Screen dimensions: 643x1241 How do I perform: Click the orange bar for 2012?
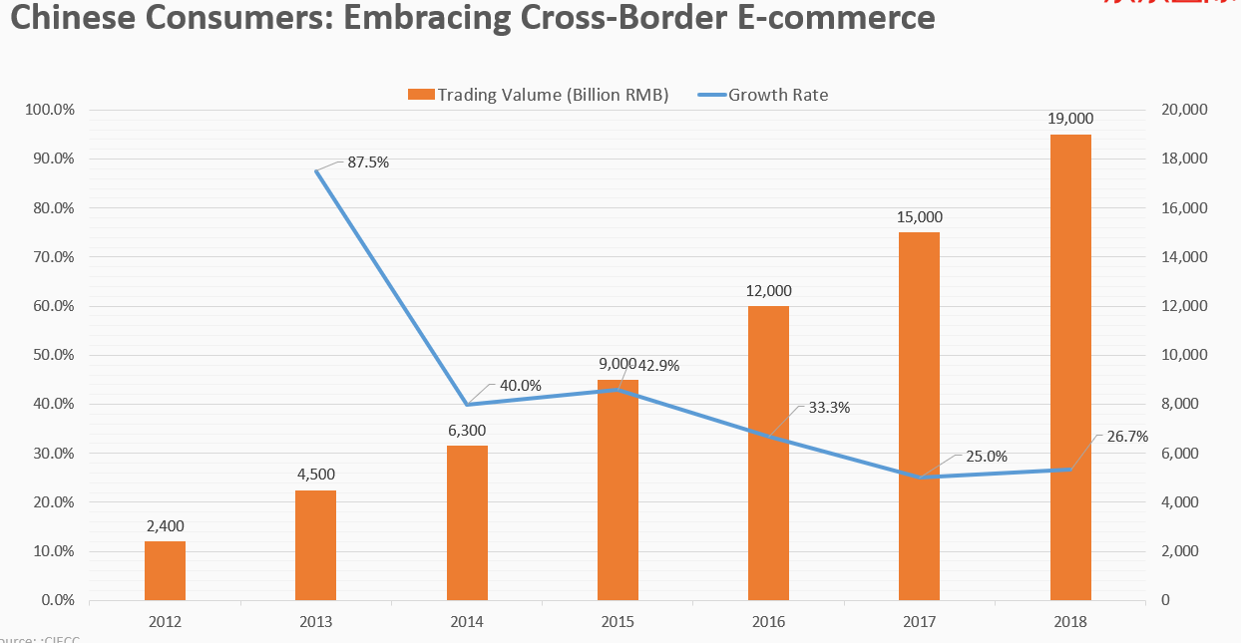165,570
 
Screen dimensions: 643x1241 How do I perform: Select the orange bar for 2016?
768,454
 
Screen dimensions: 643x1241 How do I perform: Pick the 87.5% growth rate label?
368,161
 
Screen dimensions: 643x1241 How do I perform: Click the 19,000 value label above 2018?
1070,119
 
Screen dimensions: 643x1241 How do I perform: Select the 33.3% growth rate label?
829,407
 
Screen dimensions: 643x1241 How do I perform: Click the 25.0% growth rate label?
987,457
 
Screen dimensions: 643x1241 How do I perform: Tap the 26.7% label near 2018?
1127,437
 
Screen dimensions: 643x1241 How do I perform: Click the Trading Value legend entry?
539,95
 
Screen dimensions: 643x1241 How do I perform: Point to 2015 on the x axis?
618,621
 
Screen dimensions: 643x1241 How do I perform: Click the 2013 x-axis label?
316,621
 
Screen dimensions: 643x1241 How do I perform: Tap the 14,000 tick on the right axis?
1186,257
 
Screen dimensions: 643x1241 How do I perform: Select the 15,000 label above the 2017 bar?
919,216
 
